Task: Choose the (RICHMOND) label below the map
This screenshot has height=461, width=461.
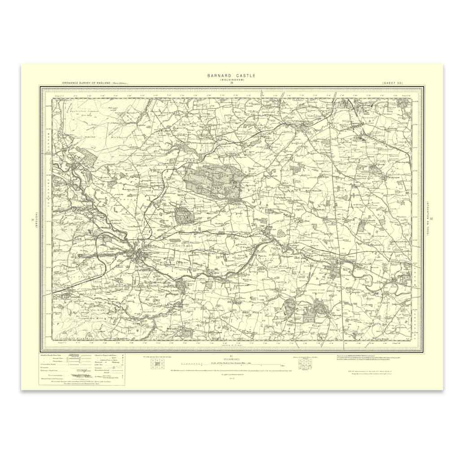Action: coord(231,360)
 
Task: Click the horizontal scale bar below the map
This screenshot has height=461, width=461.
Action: coord(231,365)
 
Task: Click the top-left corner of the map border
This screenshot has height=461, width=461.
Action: coord(41,87)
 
